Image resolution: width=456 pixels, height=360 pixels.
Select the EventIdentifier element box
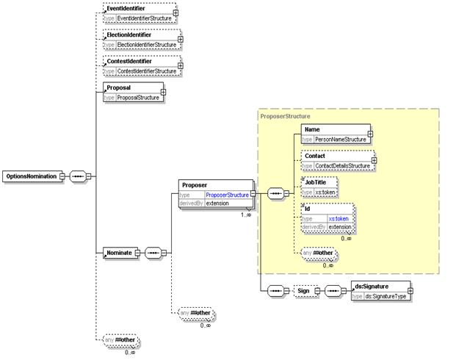(140, 12)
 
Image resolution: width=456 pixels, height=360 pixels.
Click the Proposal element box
(133, 92)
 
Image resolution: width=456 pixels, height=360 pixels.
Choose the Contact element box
(337, 161)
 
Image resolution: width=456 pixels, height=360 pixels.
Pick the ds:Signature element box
(380, 291)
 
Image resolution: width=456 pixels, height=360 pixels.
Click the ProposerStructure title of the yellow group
(286, 115)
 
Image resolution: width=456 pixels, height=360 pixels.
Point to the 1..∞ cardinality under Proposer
(247, 215)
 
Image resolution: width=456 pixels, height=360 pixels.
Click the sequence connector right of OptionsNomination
(79, 176)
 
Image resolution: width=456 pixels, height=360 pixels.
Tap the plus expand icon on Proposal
(163, 93)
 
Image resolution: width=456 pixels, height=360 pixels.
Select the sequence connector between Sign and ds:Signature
(334, 291)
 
